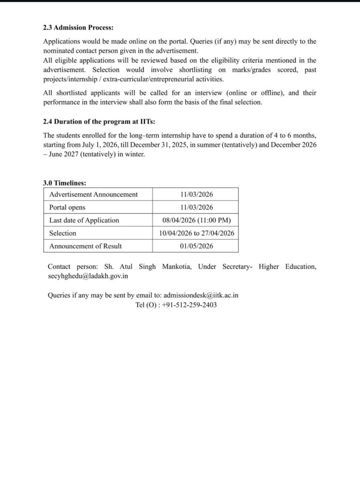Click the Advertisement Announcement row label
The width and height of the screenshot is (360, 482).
coord(94,194)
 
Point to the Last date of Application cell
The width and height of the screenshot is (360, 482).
coord(84,220)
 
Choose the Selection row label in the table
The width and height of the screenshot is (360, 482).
coord(63,233)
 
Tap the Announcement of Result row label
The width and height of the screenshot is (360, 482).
coord(86,246)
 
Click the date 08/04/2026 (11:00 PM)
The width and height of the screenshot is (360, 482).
coord(197,220)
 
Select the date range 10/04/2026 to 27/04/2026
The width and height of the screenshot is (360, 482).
coord(197,233)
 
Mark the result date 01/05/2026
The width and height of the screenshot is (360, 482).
coord(197,246)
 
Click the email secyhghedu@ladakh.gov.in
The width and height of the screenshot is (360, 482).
coord(88,276)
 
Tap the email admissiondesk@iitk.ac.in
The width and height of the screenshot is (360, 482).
coord(201,295)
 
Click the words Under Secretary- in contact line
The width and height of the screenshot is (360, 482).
coord(225,267)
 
